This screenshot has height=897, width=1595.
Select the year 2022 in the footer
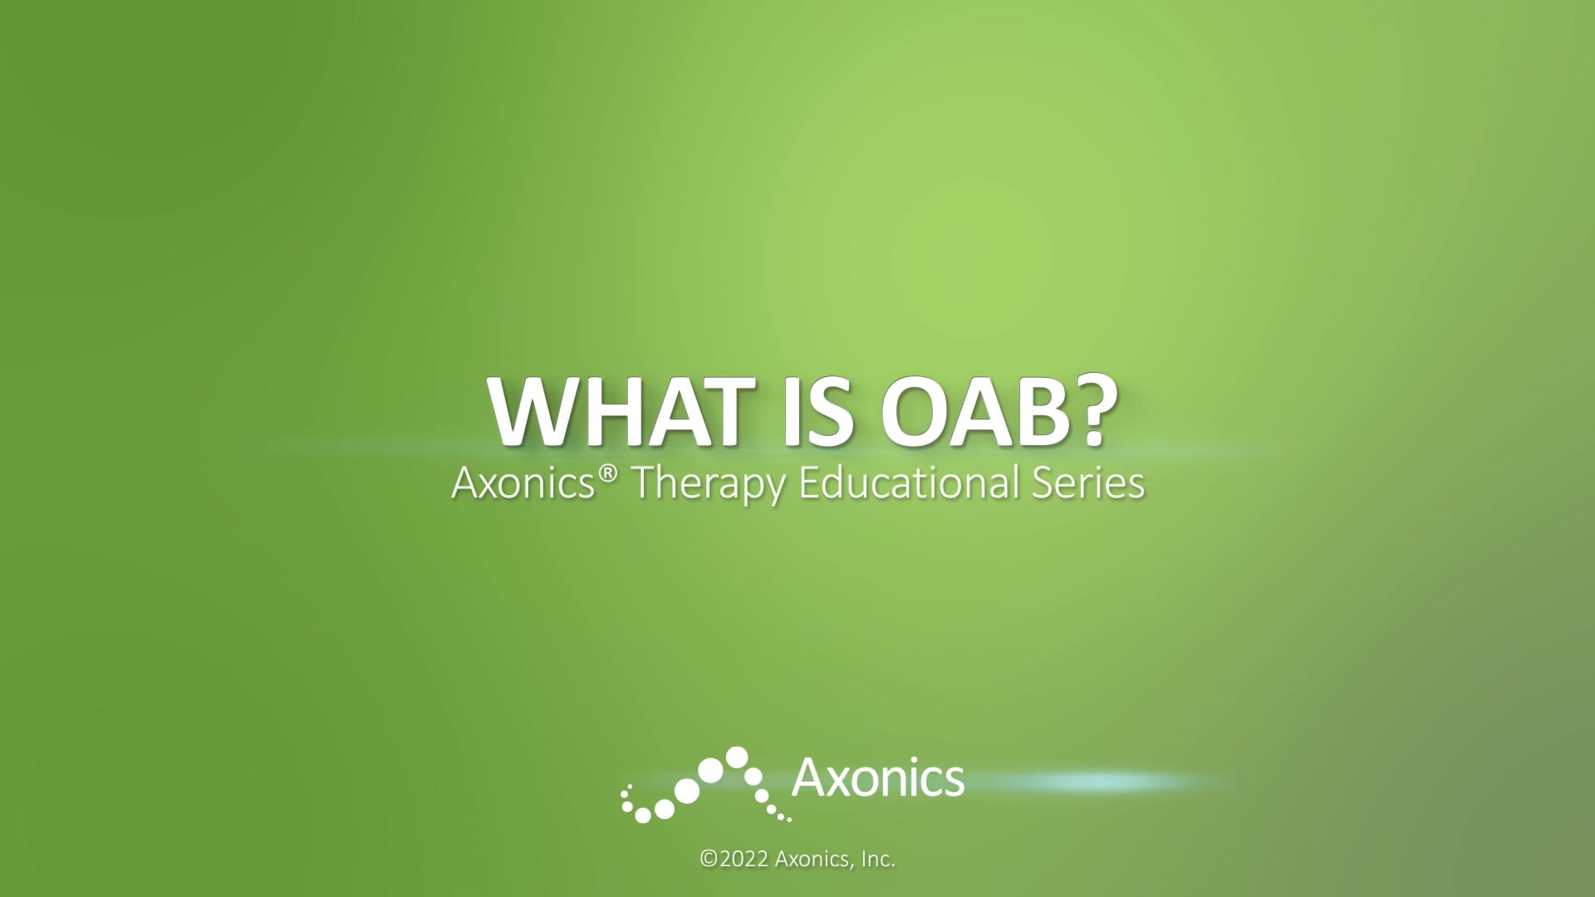click(744, 860)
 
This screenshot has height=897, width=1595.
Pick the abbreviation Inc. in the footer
click(877, 860)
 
